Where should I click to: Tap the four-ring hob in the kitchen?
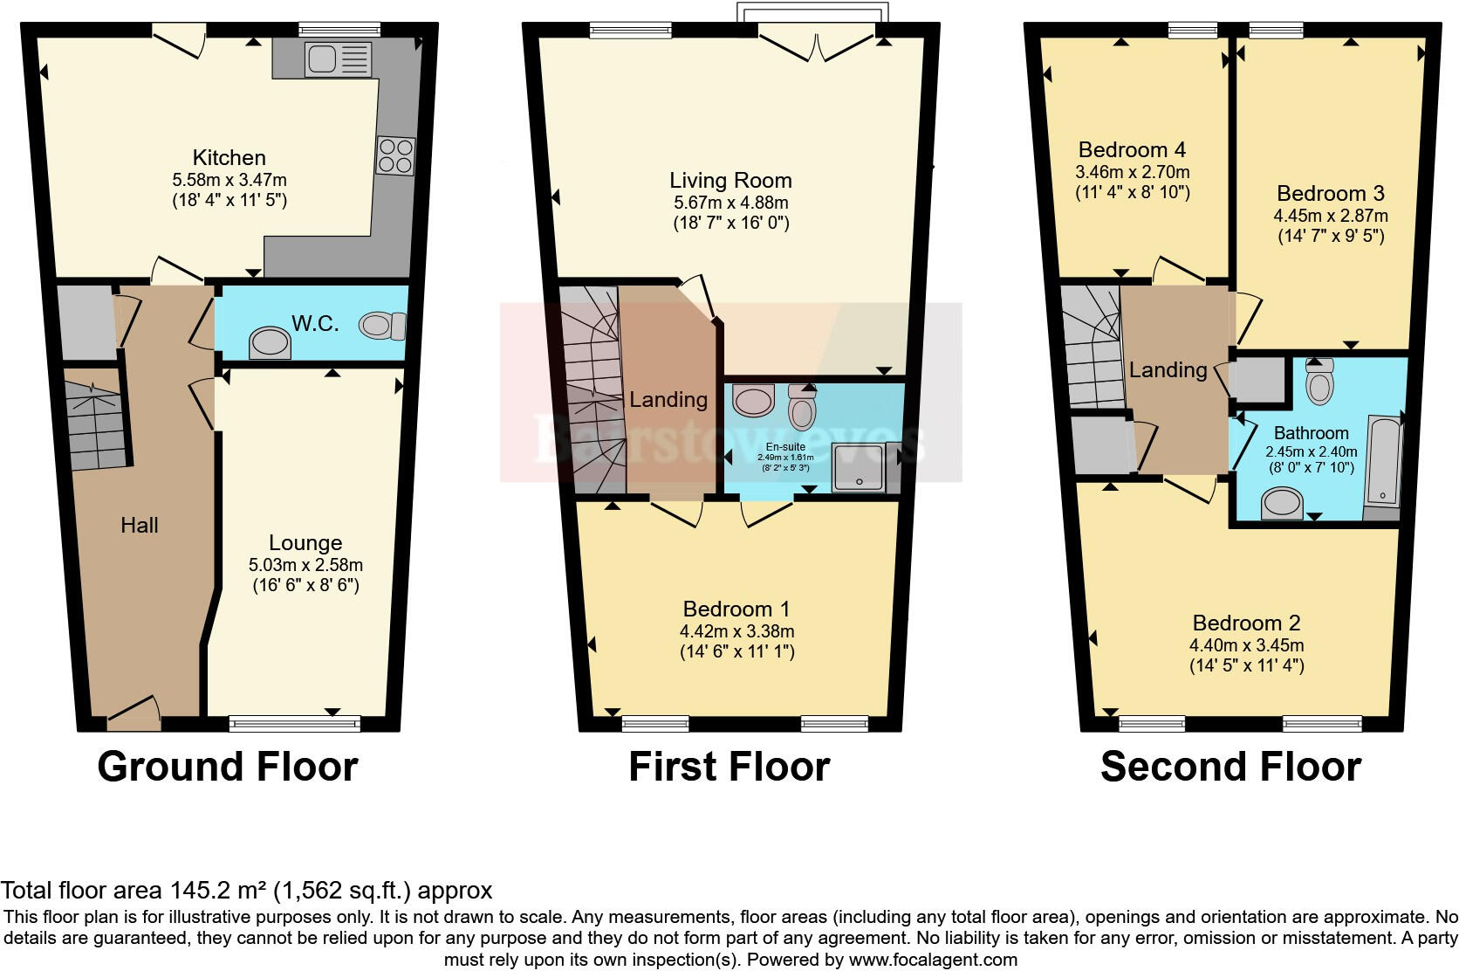coord(395,156)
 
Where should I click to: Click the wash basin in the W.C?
coord(270,343)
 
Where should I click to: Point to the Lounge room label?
coord(305,543)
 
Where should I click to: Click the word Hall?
coord(140,525)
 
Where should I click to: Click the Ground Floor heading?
coord(228,767)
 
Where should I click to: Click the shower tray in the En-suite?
coord(860,468)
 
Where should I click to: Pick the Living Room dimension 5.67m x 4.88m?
coord(730,203)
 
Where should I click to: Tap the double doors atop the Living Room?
coord(818,45)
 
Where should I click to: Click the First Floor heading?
coord(729,767)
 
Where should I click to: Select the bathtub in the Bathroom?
coord(1383,463)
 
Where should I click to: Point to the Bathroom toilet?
coord(1319,382)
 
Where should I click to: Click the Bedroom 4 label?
coord(1132,149)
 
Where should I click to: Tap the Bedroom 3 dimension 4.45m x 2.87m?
coord(1330,215)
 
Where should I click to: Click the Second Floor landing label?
coord(1168,369)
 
